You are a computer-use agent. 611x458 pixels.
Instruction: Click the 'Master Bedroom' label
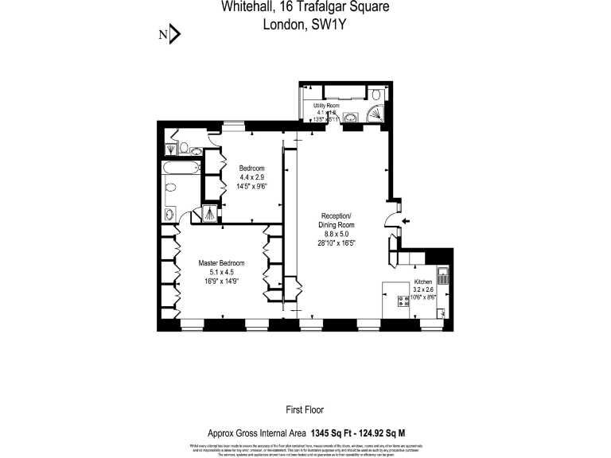pyautogui.click(x=221, y=263)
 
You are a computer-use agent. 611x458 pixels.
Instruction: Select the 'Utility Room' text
pyautogui.click(x=326, y=105)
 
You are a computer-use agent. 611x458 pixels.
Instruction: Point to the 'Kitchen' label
pyautogui.click(x=422, y=282)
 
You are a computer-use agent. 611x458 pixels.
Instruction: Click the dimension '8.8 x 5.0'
pyautogui.click(x=335, y=234)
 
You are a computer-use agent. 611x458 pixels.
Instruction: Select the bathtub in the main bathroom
pyautogui.click(x=179, y=169)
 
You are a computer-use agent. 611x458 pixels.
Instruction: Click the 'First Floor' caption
pyautogui.click(x=305, y=410)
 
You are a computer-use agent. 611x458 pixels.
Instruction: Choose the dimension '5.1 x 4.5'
pyautogui.click(x=221, y=271)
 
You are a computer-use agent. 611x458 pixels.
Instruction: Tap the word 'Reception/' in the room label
pyautogui.click(x=335, y=216)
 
